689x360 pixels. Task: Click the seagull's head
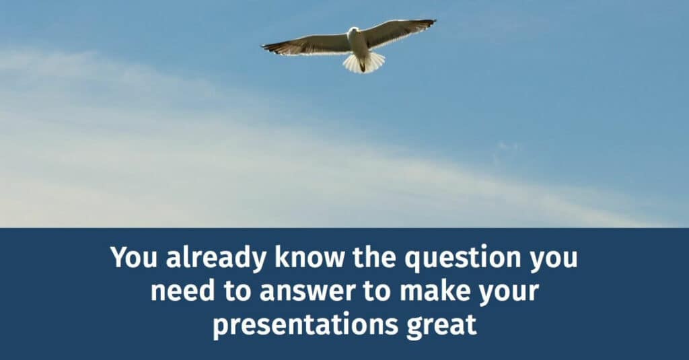[x=353, y=31]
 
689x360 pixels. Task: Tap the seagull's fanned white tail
[x=364, y=63]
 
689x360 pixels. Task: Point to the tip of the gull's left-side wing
[x=264, y=47]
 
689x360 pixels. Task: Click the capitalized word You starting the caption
[x=130, y=258]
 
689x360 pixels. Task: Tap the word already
[x=206, y=258]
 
